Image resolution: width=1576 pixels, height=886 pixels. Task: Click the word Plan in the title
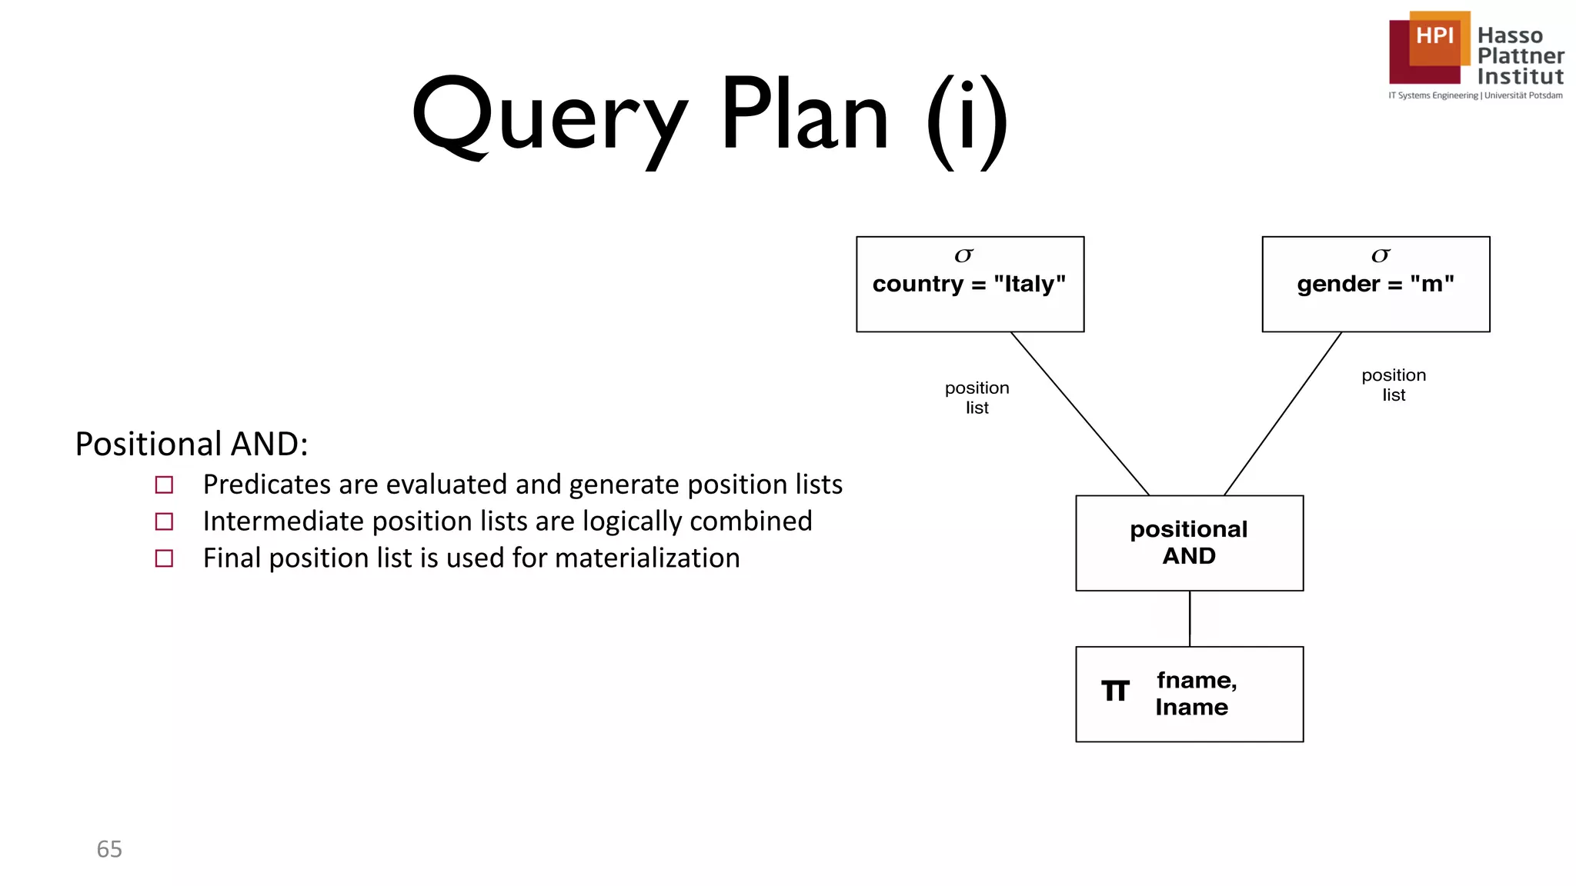804,115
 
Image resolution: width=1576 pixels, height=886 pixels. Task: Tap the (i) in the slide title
967,119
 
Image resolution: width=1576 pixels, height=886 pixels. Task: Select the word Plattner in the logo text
1520,56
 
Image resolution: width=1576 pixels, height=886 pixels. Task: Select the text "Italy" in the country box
1029,284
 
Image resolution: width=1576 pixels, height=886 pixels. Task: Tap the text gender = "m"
1375,284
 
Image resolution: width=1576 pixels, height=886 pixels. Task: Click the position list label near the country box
977,397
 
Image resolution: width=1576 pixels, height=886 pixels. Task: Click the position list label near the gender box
1393,385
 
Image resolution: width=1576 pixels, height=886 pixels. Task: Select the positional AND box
1189,542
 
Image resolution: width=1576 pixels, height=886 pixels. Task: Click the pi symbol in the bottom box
1115,691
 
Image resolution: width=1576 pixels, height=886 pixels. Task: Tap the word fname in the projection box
1195,680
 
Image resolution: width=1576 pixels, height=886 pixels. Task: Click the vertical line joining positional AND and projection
1190,618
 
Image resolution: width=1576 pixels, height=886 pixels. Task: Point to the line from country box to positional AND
1079,413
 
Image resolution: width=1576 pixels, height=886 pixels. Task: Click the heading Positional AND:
192,444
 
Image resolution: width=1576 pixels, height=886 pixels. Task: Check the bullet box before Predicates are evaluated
164,485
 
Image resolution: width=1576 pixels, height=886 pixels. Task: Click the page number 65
109,848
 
